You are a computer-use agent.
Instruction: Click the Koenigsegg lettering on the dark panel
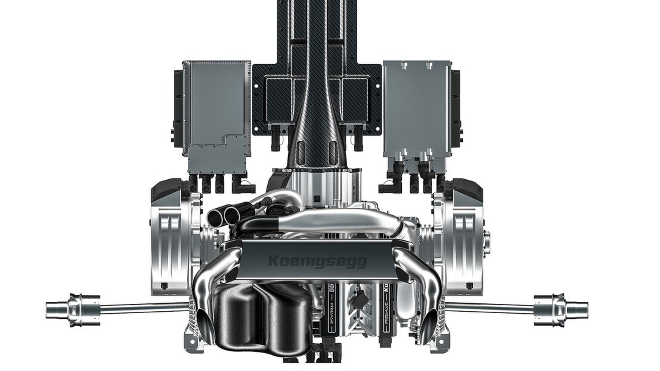[x=317, y=261]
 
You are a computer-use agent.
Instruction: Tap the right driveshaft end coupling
[x=561, y=308]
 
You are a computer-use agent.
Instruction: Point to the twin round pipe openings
[x=225, y=214]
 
